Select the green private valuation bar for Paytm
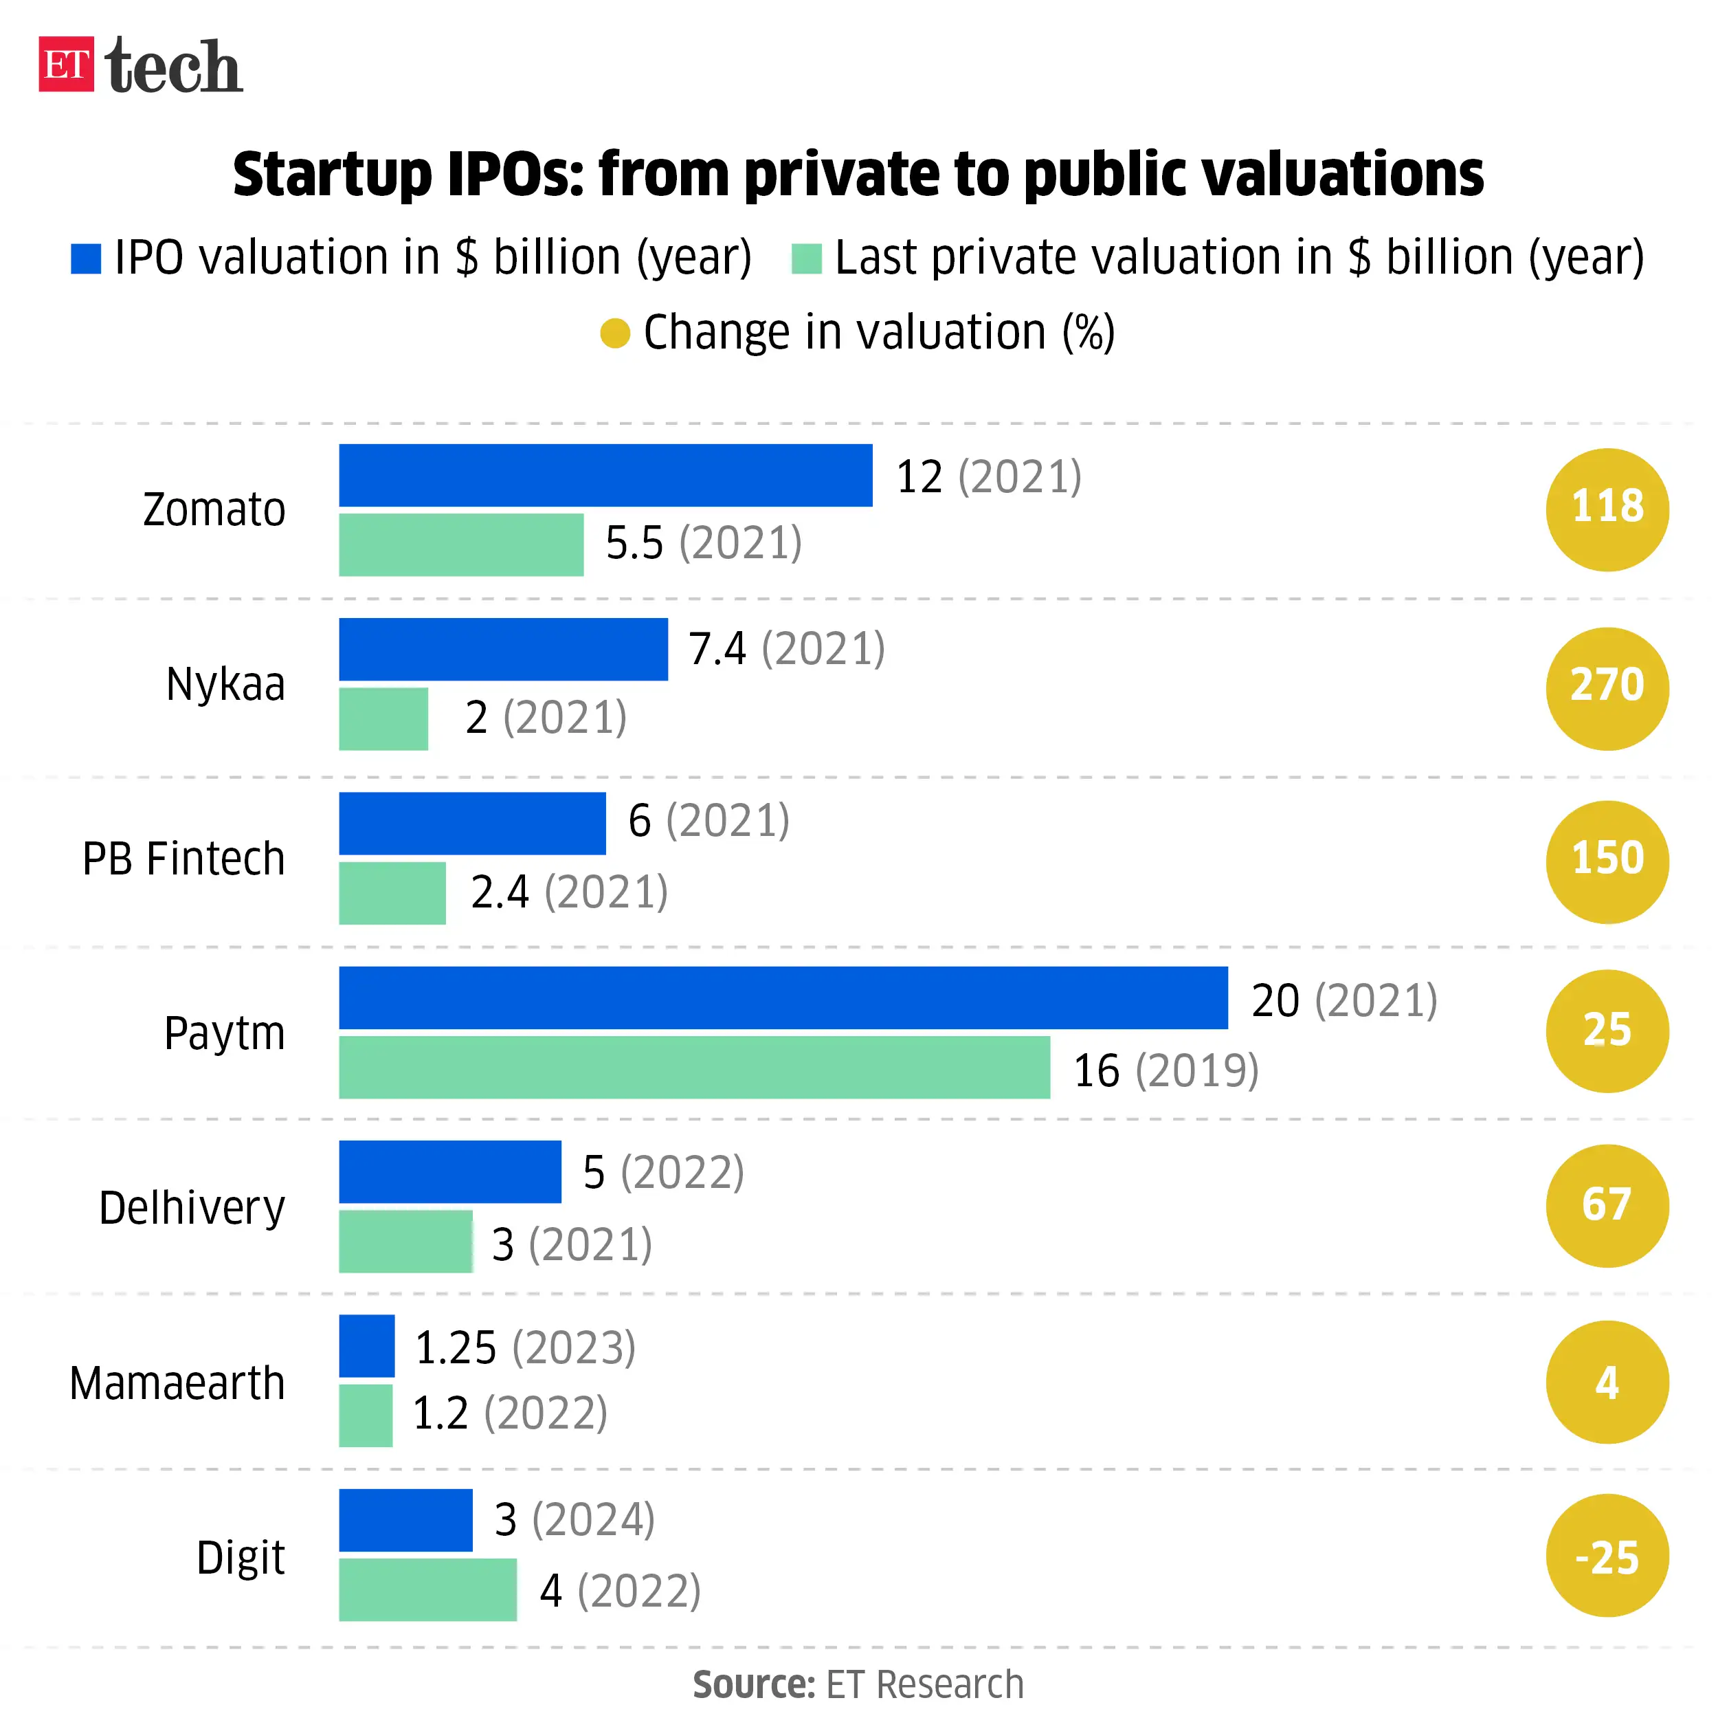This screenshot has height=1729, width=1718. click(x=693, y=1067)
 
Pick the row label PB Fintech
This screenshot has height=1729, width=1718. click(x=183, y=859)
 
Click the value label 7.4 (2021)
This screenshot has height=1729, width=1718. click(x=785, y=649)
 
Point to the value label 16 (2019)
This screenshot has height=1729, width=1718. click(x=1165, y=1070)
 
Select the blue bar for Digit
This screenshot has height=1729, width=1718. click(x=405, y=1519)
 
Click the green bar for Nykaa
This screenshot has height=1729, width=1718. click(x=383, y=718)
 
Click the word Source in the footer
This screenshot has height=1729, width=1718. click(x=752, y=1685)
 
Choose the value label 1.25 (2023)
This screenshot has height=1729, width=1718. click(x=524, y=1347)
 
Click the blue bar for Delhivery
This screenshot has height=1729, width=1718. click(x=449, y=1171)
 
